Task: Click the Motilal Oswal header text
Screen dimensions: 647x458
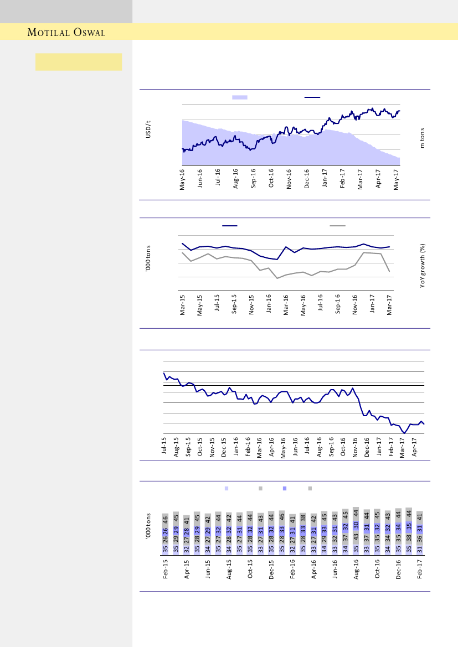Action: tap(66, 33)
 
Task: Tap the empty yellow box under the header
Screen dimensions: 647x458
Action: tap(79, 62)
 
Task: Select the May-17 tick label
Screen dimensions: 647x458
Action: tap(396, 179)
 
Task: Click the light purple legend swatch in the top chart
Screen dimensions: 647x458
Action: tap(240, 97)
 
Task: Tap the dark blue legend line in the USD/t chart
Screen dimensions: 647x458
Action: tap(312, 97)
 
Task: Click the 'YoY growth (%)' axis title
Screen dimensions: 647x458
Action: tap(422, 266)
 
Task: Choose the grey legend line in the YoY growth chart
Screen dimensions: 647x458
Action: tap(337, 226)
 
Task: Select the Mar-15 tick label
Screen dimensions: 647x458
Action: tap(182, 306)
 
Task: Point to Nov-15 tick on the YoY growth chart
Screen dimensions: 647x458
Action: tap(251, 306)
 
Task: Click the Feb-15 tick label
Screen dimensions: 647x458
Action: tap(166, 569)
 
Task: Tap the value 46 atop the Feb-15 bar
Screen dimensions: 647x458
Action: tap(166, 519)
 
